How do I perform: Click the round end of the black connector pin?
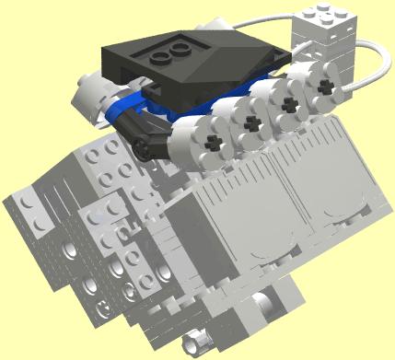[141, 142]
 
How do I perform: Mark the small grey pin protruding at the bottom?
[194, 343]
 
